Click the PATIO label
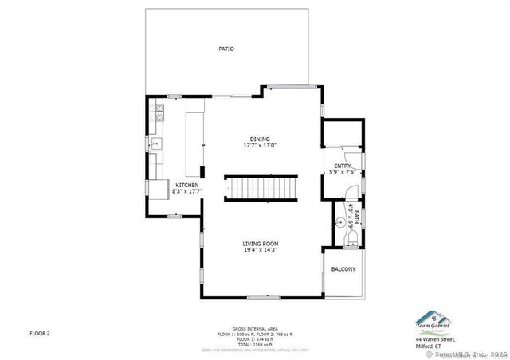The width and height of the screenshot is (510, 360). (x=226, y=49)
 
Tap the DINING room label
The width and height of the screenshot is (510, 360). (x=260, y=139)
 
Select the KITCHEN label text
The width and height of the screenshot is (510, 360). (x=187, y=185)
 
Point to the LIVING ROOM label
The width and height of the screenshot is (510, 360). (x=261, y=243)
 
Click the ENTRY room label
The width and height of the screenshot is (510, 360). (x=343, y=166)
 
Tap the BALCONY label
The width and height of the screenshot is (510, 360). (x=343, y=269)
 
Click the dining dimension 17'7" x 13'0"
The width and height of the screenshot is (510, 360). (x=260, y=146)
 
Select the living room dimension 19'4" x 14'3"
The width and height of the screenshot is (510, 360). (x=261, y=250)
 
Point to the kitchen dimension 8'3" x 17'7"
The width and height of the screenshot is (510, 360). (x=187, y=191)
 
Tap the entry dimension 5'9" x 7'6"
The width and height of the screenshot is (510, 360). (x=343, y=172)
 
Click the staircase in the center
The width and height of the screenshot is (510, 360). (x=260, y=189)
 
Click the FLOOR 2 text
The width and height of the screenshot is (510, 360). (x=40, y=333)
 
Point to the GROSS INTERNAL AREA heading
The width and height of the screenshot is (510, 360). (x=255, y=329)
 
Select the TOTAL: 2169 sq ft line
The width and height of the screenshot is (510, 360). (x=255, y=344)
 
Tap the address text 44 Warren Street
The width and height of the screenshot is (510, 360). (x=433, y=341)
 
